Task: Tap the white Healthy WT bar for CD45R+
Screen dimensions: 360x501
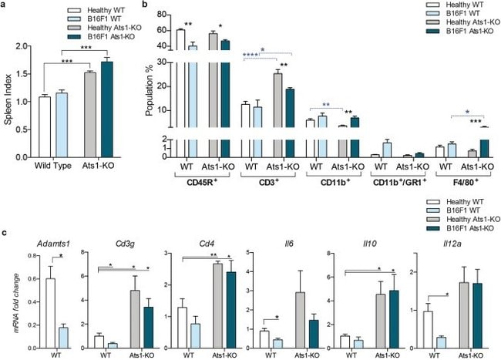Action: point(180,93)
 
